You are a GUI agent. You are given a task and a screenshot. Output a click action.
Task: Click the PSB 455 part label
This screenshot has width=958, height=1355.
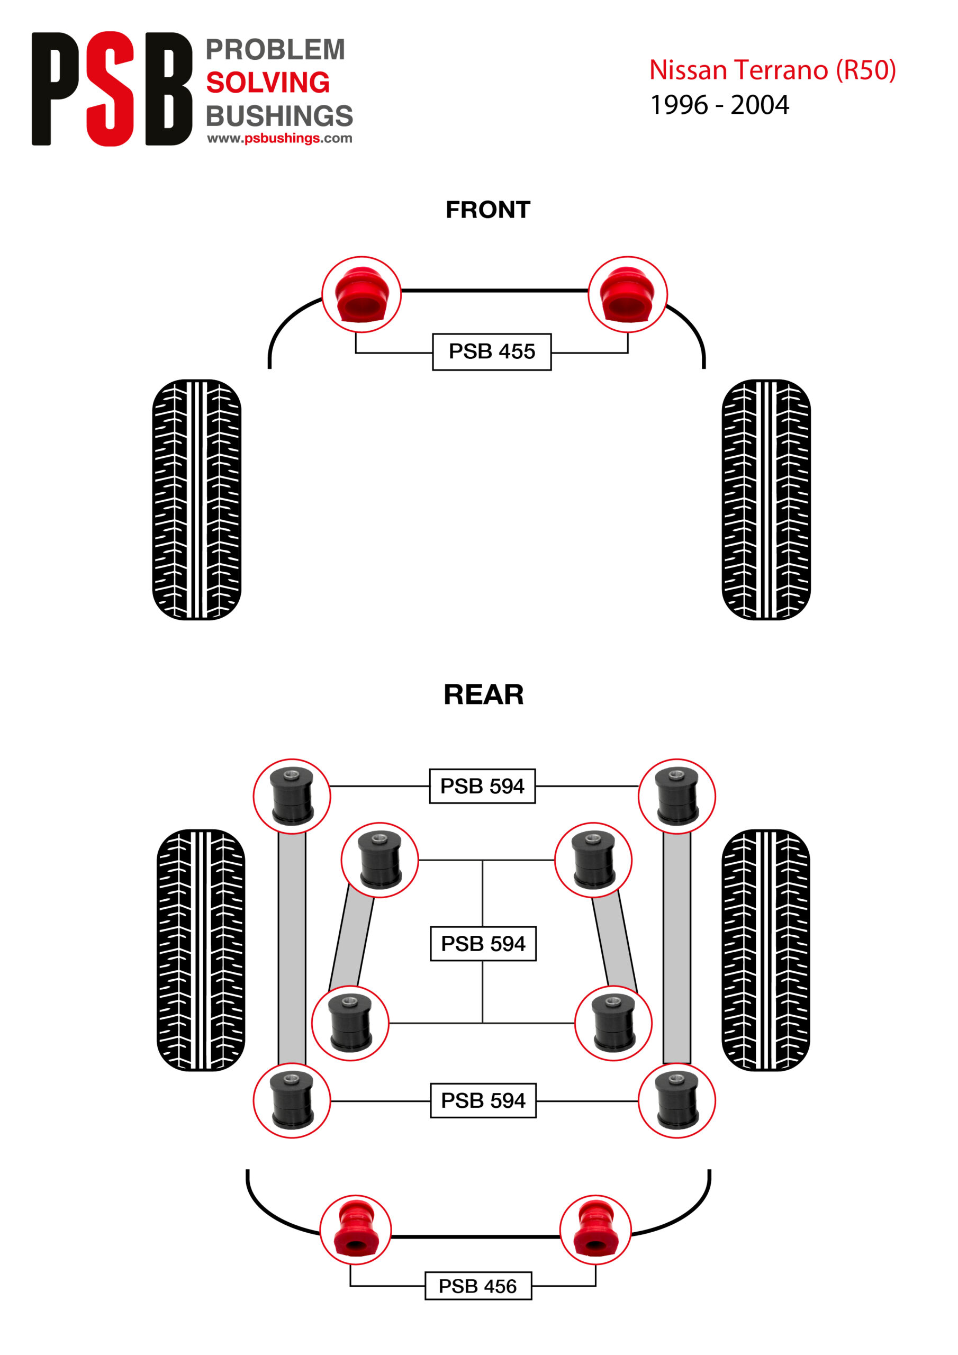coord(492,352)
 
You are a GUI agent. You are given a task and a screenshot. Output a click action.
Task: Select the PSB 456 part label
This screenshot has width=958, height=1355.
coord(477,1286)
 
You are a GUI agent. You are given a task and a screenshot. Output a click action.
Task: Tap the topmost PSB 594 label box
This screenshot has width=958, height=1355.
coord(482,786)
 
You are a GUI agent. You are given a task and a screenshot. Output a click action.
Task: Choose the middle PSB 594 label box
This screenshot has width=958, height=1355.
coord(483,944)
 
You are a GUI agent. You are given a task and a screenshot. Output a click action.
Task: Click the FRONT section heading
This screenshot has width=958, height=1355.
coord(488,210)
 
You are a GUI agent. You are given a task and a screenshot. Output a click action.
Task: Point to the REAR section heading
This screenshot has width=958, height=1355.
coord(483,694)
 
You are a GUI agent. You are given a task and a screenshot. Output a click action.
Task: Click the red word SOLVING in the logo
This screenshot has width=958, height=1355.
coord(268,83)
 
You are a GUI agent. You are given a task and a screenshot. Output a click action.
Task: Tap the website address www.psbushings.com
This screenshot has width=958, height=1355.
coord(280,138)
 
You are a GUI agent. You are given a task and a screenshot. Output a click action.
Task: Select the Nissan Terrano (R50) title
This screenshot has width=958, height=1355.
coord(772,70)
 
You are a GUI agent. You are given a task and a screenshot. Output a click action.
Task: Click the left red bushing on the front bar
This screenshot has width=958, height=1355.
coord(361,294)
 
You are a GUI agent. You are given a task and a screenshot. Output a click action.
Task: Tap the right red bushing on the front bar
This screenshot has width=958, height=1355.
coord(627,294)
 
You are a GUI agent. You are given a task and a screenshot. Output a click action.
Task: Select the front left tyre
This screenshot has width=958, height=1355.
coord(196,499)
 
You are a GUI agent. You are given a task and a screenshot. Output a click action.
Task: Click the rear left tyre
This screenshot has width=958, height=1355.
coord(201,950)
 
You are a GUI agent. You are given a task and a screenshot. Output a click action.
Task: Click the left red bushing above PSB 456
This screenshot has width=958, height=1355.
coord(355,1230)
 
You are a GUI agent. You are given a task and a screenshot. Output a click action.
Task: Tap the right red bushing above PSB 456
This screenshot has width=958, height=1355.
coord(595,1230)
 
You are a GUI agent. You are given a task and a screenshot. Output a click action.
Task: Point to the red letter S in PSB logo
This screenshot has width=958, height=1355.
coord(111,88)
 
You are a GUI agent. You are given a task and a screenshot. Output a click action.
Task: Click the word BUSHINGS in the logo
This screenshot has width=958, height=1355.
coord(279,116)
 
